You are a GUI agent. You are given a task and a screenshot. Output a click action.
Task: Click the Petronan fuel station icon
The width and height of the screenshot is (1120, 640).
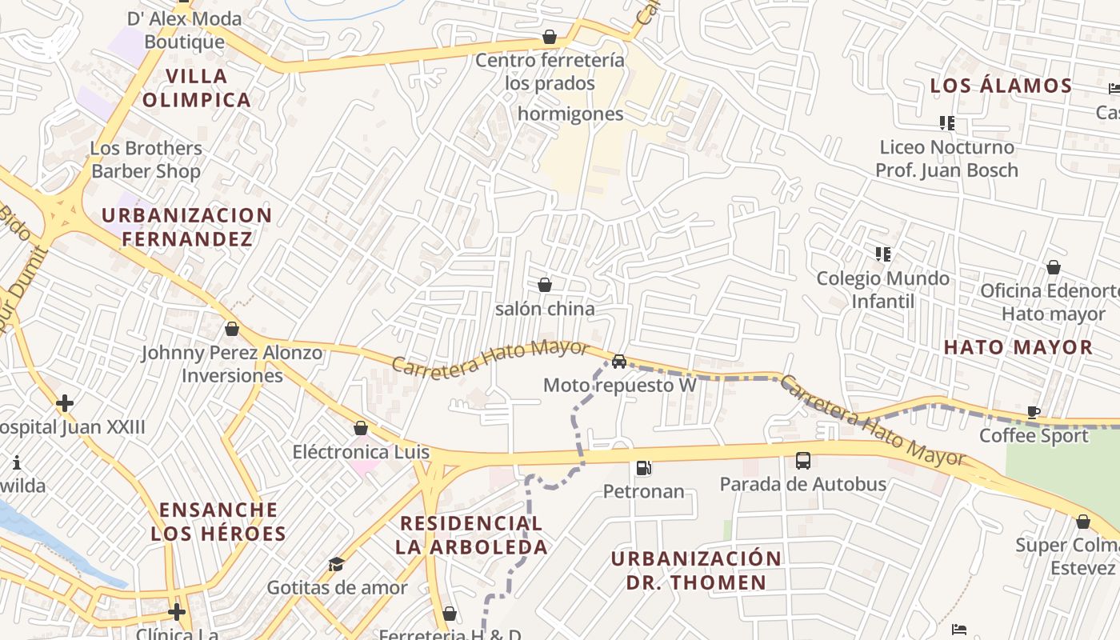(x=643, y=468)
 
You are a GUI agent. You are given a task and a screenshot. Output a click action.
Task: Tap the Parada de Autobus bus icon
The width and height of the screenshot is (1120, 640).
(x=803, y=461)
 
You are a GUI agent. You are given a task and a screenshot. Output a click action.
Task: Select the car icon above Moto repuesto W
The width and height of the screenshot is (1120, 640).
(x=618, y=362)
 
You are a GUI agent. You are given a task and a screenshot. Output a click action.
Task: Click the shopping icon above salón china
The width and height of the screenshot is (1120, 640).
(x=545, y=285)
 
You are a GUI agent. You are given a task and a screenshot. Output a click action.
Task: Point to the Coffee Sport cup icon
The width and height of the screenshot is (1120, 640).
(x=1034, y=413)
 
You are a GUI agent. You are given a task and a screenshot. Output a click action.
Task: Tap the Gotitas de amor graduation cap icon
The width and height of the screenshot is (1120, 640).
(x=337, y=564)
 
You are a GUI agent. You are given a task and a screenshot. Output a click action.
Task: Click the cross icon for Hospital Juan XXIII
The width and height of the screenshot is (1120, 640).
(x=65, y=403)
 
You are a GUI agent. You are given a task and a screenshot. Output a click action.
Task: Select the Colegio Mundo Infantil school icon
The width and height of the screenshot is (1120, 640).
(x=883, y=254)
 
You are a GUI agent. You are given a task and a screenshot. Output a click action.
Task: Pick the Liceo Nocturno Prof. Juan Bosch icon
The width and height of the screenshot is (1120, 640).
(x=947, y=123)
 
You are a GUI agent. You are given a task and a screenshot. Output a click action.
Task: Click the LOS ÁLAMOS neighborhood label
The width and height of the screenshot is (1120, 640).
(x=1001, y=86)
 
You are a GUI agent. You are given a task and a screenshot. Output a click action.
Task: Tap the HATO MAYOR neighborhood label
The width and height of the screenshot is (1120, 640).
(x=1018, y=347)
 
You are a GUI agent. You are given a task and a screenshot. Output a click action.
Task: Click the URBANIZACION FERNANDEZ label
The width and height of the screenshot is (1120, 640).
(x=187, y=227)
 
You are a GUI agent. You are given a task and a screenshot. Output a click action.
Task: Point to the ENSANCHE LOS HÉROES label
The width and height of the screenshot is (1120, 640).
(x=218, y=522)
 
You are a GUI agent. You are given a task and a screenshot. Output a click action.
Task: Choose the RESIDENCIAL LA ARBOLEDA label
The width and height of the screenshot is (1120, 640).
(x=472, y=535)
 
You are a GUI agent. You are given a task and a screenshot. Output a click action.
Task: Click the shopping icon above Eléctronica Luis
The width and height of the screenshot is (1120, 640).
(x=361, y=428)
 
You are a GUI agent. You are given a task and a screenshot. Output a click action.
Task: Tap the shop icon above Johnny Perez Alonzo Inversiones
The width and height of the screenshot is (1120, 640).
(x=232, y=329)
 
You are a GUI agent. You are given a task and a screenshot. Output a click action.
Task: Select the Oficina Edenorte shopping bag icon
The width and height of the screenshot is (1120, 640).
(x=1054, y=267)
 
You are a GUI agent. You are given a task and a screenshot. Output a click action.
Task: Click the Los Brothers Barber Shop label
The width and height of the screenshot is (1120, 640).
(x=146, y=159)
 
